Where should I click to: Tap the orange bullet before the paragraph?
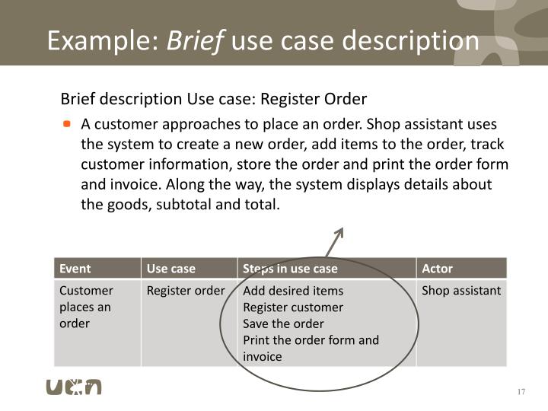coord(67,123)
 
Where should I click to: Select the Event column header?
coord(75,268)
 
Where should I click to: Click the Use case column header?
coord(170,268)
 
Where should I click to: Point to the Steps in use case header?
coord(290,268)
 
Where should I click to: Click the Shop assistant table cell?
coord(461,290)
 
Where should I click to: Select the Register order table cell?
coord(186,290)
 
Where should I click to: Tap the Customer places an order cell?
coord(86,307)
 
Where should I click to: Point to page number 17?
coord(521,391)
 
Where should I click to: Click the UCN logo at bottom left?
coord(74,386)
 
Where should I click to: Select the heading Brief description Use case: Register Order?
coord(214,99)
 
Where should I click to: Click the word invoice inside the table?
coord(263,356)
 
